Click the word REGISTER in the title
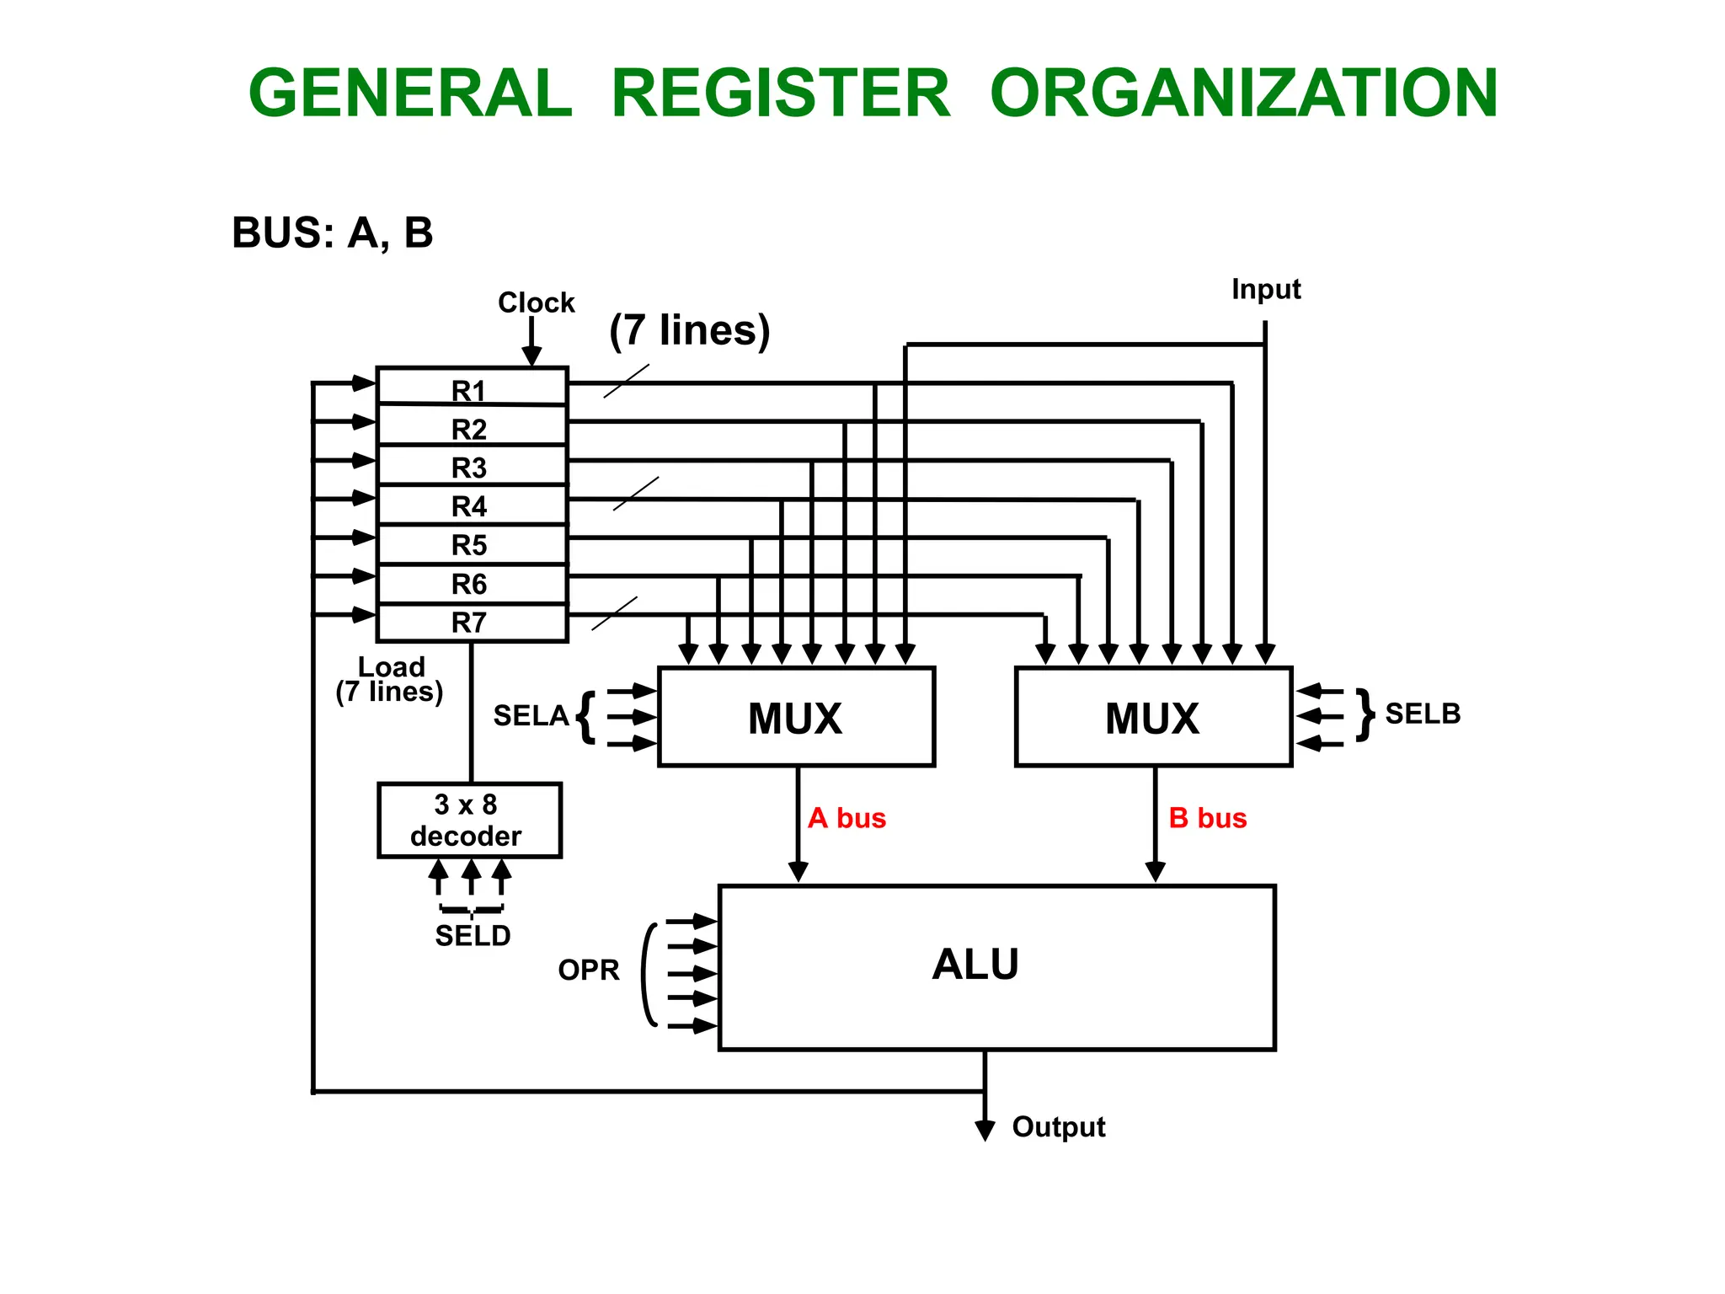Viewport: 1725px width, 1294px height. (x=780, y=93)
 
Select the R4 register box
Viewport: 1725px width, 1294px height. (x=470, y=505)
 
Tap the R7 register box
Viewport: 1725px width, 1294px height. (x=470, y=623)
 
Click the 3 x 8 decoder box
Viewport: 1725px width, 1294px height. (x=469, y=820)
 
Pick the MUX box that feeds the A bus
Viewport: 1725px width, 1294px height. (x=795, y=717)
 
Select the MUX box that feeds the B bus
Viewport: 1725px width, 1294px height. (x=1152, y=717)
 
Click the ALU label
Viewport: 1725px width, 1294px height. (x=975, y=964)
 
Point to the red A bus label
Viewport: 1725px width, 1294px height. (x=846, y=818)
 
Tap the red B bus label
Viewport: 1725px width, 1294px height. (x=1207, y=818)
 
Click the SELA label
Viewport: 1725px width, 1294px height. (x=531, y=716)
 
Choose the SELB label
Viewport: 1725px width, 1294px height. (x=1423, y=714)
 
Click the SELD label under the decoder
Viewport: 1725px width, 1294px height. (x=473, y=935)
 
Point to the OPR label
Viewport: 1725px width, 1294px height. (x=588, y=970)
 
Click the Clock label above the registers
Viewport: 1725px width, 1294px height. (x=536, y=302)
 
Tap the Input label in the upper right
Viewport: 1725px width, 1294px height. (x=1265, y=289)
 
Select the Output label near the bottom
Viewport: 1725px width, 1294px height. (x=1058, y=1126)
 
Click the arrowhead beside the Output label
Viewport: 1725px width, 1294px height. (x=985, y=1130)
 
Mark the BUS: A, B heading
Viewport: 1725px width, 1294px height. (x=332, y=233)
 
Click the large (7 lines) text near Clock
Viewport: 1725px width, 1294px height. (x=689, y=329)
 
